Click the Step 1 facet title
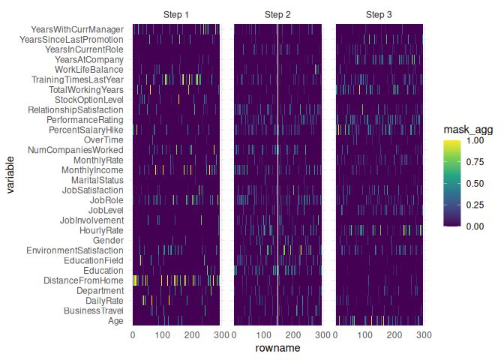[176, 15]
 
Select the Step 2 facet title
[277, 15]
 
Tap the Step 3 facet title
[379, 15]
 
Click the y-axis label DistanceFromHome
[82, 280]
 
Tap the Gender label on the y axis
[109, 240]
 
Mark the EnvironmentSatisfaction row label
[75, 250]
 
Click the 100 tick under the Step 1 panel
[162, 335]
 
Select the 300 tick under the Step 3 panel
[423, 335]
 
